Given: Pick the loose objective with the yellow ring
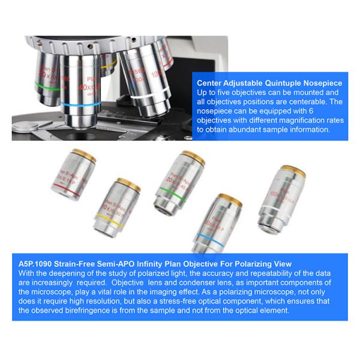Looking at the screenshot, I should point(119,204).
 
